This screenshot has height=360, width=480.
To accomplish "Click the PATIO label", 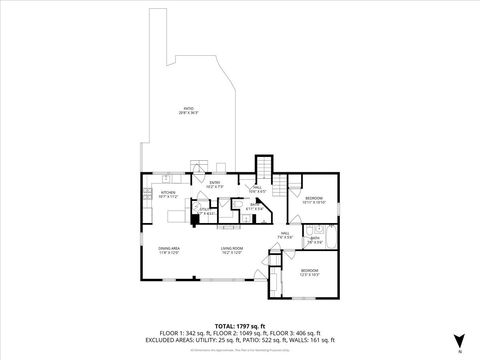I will click(188, 108).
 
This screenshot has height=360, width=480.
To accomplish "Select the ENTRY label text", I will click(214, 182).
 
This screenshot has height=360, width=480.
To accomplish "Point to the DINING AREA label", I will click(168, 249).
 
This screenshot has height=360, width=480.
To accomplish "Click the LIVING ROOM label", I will click(233, 249).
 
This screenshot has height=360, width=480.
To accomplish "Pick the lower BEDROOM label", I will click(310, 270).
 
